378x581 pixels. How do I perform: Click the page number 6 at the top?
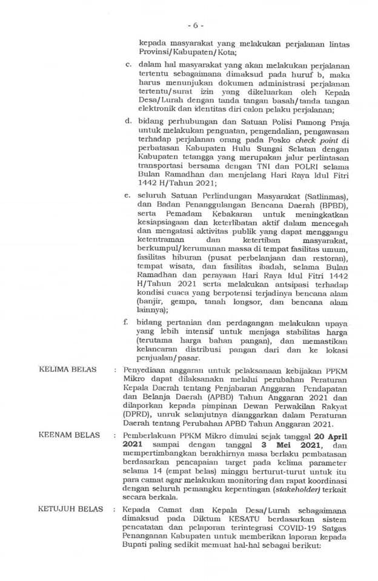pos(194,25)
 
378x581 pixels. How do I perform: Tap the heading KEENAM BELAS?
pos(65,435)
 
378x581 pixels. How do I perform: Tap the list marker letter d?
pos(127,120)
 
